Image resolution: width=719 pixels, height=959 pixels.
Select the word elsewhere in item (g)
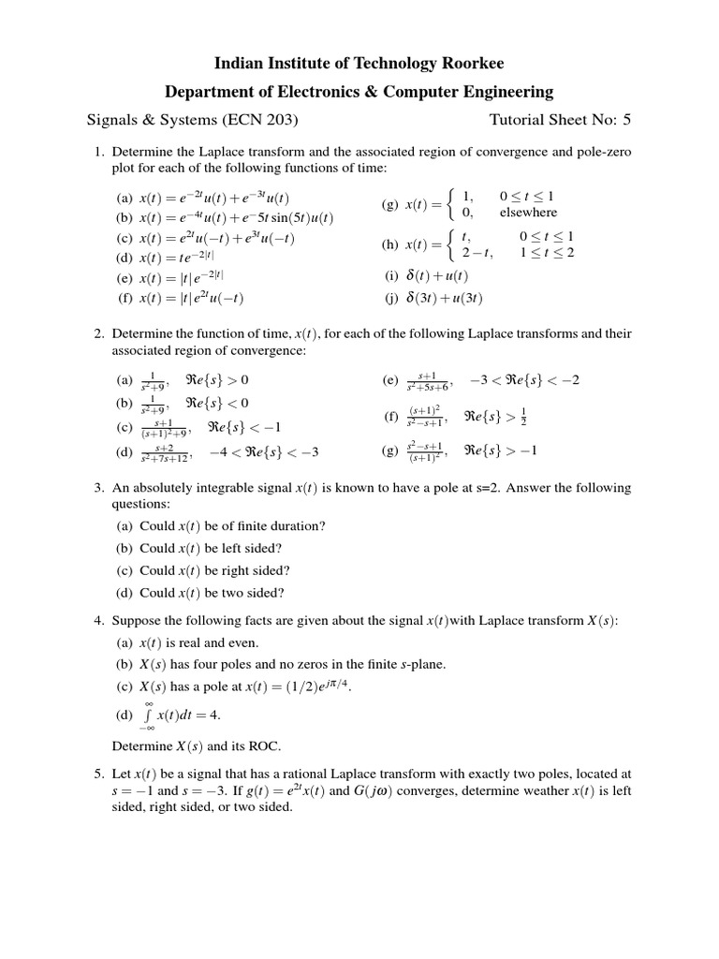[x=528, y=213]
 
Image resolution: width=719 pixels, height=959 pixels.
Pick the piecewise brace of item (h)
[x=452, y=244]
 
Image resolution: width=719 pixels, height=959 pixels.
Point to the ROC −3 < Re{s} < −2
[x=537, y=380]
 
